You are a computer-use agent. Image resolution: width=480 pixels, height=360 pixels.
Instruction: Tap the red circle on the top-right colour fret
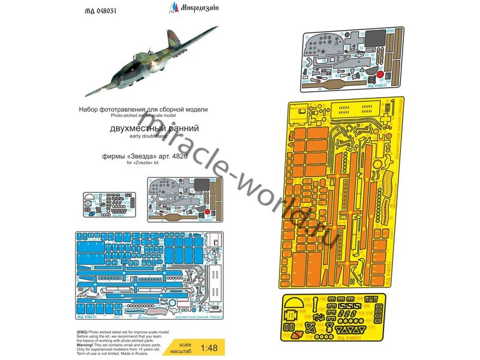point(379,74)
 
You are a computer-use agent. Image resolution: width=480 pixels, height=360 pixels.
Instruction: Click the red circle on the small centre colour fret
point(207,212)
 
